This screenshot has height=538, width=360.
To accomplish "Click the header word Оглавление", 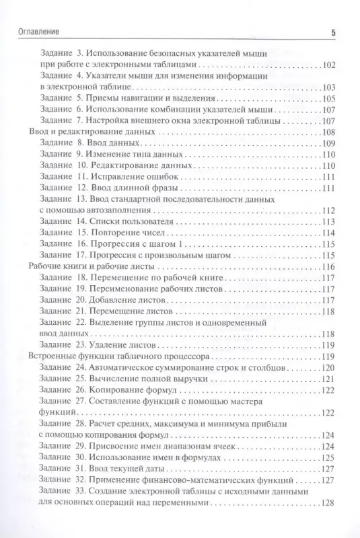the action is point(36,32).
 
